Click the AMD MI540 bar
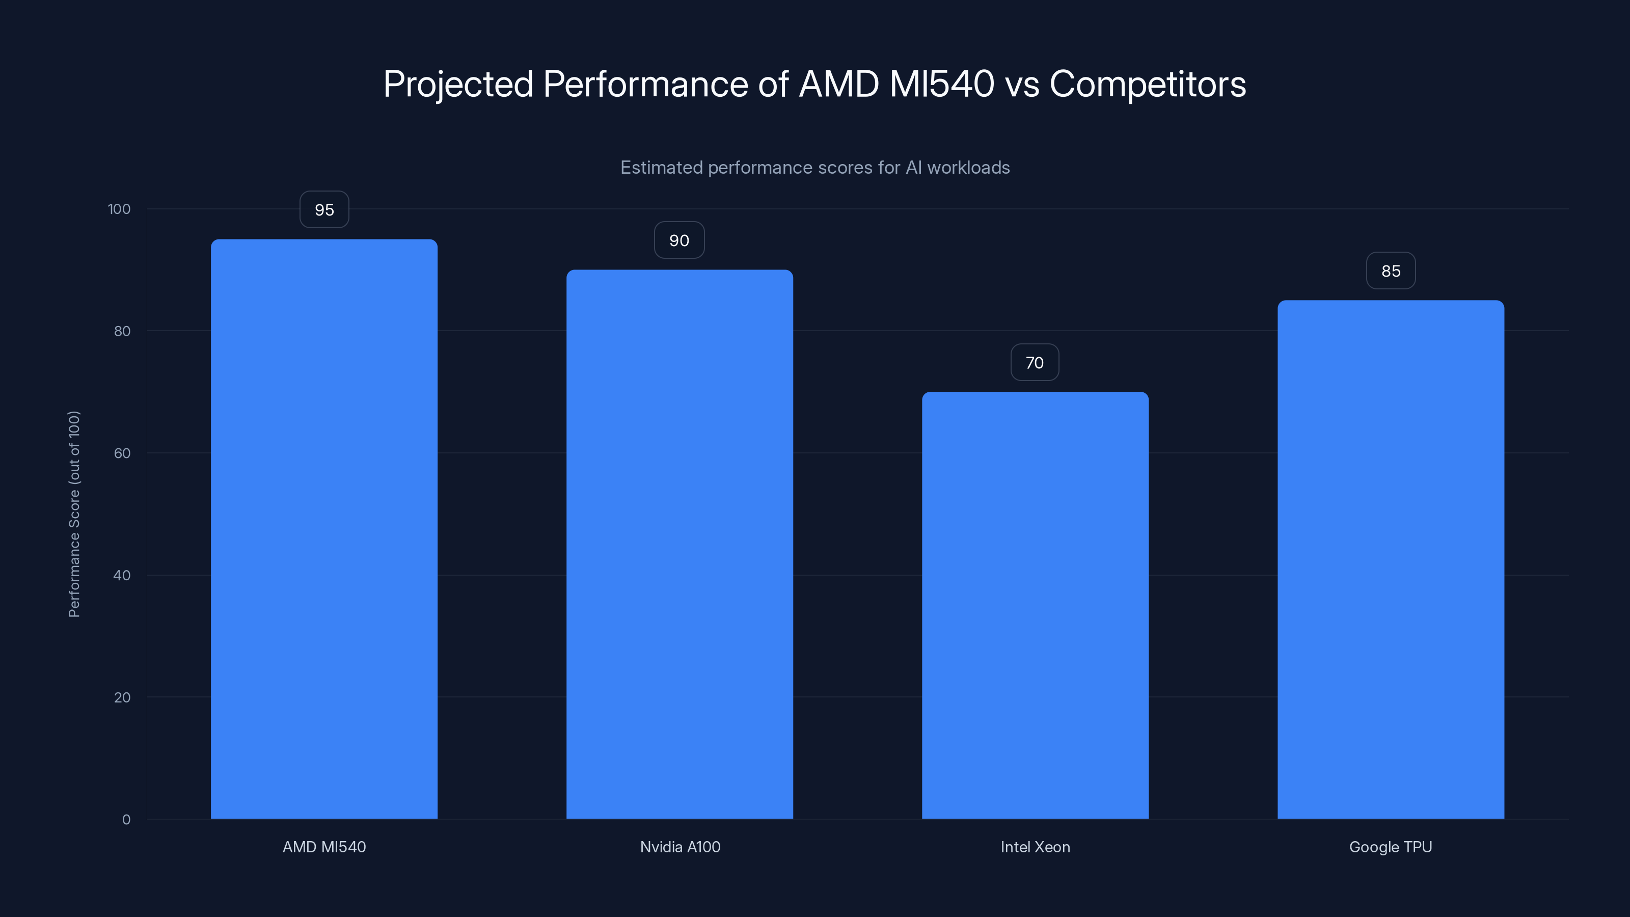pyautogui.click(x=324, y=529)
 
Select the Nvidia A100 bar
pyautogui.click(x=680, y=544)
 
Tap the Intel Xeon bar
pyautogui.click(x=1035, y=605)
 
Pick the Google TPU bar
pyautogui.click(x=1391, y=559)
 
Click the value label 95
pyautogui.click(x=324, y=209)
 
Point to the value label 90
pyautogui.click(x=679, y=240)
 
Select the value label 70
pyautogui.click(x=1035, y=363)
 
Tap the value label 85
pyautogui.click(x=1391, y=271)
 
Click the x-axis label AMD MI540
pyautogui.click(x=324, y=847)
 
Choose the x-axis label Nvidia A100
pyautogui.click(x=680, y=847)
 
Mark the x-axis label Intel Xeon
pyautogui.click(x=1035, y=847)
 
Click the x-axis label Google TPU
pyautogui.click(x=1390, y=847)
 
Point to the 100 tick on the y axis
pyautogui.click(x=119, y=209)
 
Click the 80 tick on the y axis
pyautogui.click(x=122, y=331)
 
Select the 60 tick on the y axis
pyautogui.click(x=122, y=453)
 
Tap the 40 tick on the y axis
pyautogui.click(x=122, y=575)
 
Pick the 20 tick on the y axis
pyautogui.click(x=122, y=697)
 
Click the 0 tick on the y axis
pyautogui.click(x=126, y=820)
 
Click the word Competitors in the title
pyautogui.click(x=1147, y=84)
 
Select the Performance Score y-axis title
pyautogui.click(x=74, y=514)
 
